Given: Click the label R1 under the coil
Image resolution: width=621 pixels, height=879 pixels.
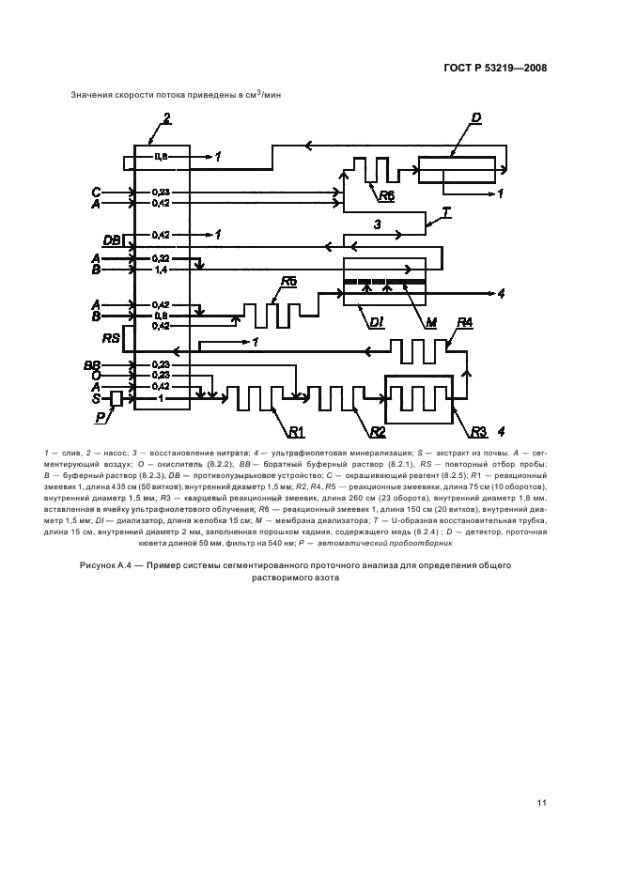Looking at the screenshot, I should click(x=298, y=431).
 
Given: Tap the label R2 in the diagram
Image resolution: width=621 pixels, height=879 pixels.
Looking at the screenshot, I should click(x=378, y=431).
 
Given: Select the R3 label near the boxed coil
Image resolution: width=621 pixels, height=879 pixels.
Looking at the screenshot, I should click(x=478, y=432).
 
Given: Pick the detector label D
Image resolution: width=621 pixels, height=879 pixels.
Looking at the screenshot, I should click(x=476, y=117).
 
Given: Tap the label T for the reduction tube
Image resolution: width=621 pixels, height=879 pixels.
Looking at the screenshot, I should click(x=446, y=213).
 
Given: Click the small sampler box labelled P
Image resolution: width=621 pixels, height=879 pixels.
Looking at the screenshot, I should click(x=116, y=399).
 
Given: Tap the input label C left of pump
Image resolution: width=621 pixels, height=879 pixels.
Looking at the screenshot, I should click(x=95, y=191).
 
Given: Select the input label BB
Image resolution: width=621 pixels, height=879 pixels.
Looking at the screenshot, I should click(x=92, y=363).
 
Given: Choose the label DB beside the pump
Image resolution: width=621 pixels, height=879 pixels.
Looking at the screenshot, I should click(x=111, y=241).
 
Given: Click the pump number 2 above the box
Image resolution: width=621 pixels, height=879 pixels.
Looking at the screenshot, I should click(x=166, y=117).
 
